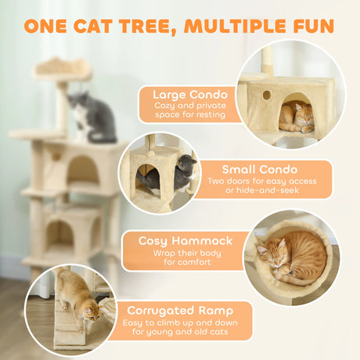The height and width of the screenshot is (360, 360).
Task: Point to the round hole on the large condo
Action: [x=266, y=95]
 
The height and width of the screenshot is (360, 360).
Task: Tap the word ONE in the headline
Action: [x=48, y=26]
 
